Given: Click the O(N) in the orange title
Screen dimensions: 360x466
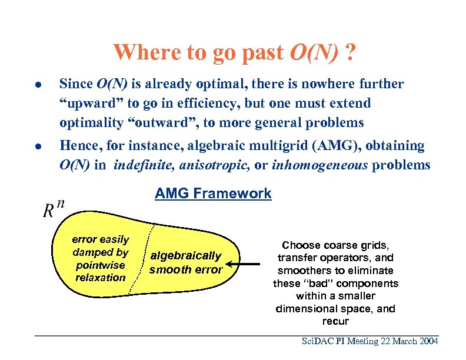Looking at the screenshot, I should tap(315, 52).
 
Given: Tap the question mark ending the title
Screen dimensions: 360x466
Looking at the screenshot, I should tap(351, 52).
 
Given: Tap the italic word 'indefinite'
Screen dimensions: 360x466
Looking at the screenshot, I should tap(139, 165).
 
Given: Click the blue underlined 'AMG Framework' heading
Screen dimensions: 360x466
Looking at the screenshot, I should tap(213, 194).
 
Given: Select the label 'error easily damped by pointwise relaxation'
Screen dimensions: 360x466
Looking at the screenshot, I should tap(100, 258).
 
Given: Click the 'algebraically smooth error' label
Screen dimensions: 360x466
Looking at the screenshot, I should tap(186, 263).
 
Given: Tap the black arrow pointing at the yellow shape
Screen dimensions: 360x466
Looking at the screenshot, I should tap(245, 264).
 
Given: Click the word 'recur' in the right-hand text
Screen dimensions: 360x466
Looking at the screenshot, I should tap(335, 321).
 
